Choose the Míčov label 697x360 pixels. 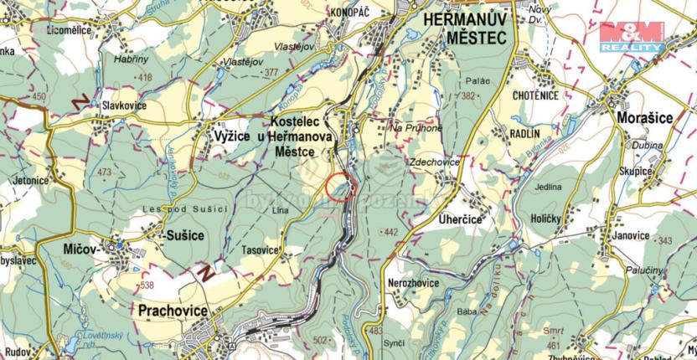[x=80, y=250]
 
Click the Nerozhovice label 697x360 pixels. [x=413, y=283]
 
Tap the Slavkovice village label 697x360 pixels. [x=124, y=106]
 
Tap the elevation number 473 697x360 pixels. [x=103, y=172]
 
